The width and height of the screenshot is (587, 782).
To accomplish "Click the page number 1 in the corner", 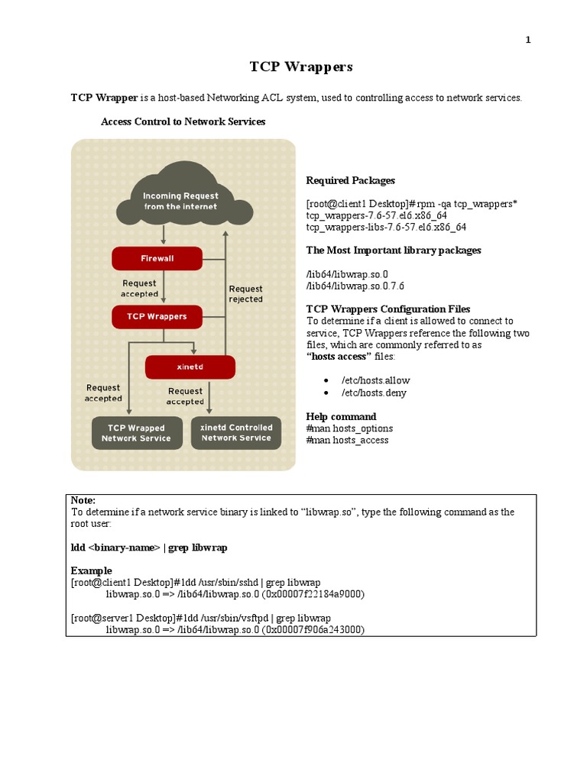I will click(527, 40).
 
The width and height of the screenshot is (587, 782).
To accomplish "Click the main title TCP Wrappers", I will click(301, 66).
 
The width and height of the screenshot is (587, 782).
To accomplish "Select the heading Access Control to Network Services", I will click(183, 121).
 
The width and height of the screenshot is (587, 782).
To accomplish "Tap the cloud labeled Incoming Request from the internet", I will click(180, 201).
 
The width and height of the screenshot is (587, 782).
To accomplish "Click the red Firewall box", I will click(157, 258).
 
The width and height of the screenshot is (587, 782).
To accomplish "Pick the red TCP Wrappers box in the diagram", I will click(157, 315).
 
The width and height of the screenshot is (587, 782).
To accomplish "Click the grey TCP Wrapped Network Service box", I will click(136, 433).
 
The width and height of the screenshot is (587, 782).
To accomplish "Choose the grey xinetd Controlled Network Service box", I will click(235, 433).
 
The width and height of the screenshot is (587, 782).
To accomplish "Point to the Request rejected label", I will click(245, 294).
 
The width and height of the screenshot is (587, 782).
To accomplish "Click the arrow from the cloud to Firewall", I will click(162, 234).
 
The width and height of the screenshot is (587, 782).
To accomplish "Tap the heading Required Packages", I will click(351, 180).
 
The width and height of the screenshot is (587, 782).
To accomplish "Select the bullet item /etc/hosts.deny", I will click(374, 393).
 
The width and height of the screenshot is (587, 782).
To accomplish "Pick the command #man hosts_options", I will click(347, 428).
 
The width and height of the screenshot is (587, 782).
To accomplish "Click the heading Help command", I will click(341, 416).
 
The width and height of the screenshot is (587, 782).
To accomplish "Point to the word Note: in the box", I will click(83, 499).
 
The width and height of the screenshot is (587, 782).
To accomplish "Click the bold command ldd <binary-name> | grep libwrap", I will click(149, 548).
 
